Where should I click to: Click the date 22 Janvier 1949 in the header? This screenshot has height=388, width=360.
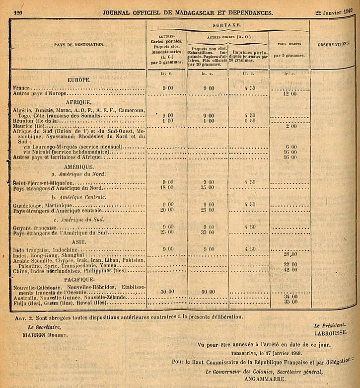[x=336, y=11]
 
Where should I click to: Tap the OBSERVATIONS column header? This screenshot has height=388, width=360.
[x=334, y=44]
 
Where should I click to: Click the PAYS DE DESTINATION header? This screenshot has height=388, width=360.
[x=79, y=45]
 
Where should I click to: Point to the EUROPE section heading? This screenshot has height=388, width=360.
[x=78, y=79]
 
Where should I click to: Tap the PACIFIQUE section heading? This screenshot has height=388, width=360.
[x=78, y=280]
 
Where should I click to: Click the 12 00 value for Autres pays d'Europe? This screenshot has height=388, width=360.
[x=290, y=93]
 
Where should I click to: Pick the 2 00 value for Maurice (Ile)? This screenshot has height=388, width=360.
[x=291, y=126]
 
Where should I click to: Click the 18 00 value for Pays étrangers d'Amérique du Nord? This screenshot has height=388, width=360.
[x=167, y=188]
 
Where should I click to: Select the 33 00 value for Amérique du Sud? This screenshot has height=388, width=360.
[x=208, y=233]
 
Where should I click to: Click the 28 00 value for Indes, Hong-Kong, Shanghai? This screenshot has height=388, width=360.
[x=290, y=254]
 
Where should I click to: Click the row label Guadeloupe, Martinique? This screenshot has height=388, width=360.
[x=43, y=205]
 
